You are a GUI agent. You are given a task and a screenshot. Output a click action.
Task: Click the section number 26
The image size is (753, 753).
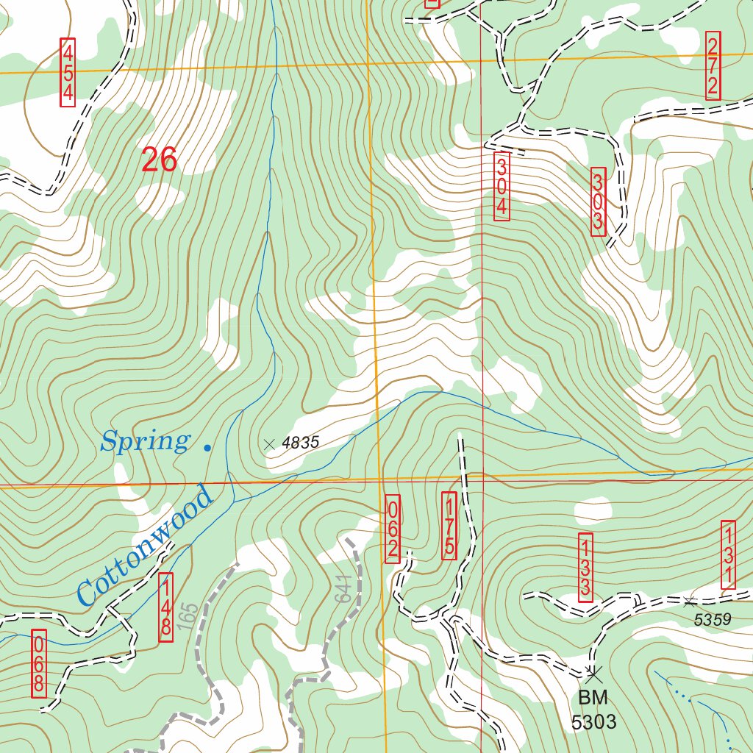160,160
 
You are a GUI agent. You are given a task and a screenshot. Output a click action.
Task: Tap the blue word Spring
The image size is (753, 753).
145,442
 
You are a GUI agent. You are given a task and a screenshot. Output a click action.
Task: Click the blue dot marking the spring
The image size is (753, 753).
207,446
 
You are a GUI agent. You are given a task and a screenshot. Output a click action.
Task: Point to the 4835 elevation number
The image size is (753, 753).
301,443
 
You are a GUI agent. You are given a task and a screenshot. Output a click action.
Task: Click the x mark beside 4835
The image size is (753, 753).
269,443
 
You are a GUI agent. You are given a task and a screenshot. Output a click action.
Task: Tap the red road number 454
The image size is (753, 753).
68,72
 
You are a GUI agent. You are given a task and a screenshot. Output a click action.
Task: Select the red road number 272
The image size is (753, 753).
713,66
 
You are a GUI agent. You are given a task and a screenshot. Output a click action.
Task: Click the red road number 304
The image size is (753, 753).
502,185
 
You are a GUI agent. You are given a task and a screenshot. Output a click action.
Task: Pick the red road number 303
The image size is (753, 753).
598,201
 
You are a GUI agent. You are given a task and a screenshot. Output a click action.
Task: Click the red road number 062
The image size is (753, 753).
393,529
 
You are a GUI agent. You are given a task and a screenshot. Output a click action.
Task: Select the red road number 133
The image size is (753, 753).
585,567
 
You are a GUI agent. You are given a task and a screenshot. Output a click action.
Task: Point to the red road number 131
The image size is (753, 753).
728,554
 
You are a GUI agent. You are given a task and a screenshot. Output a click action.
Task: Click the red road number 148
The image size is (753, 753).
166,607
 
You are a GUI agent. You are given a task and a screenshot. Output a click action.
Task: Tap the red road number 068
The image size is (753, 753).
39,663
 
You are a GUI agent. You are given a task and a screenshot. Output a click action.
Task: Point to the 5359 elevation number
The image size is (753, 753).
713,620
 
